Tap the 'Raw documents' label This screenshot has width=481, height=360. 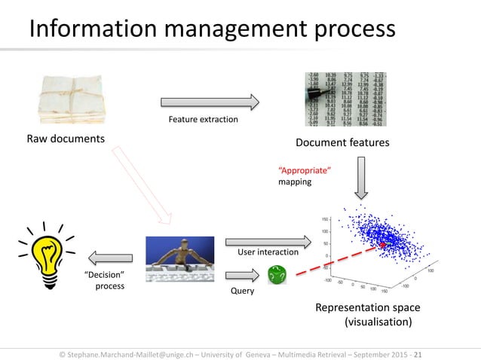pyautogui.click(x=66, y=139)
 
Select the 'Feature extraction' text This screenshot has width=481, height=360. pyautogui.click(x=203, y=120)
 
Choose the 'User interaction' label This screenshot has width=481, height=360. pyautogui.click(x=267, y=252)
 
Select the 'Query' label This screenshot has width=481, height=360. pyautogui.click(x=243, y=290)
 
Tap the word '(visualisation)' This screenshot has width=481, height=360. pyautogui.click(x=378, y=322)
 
